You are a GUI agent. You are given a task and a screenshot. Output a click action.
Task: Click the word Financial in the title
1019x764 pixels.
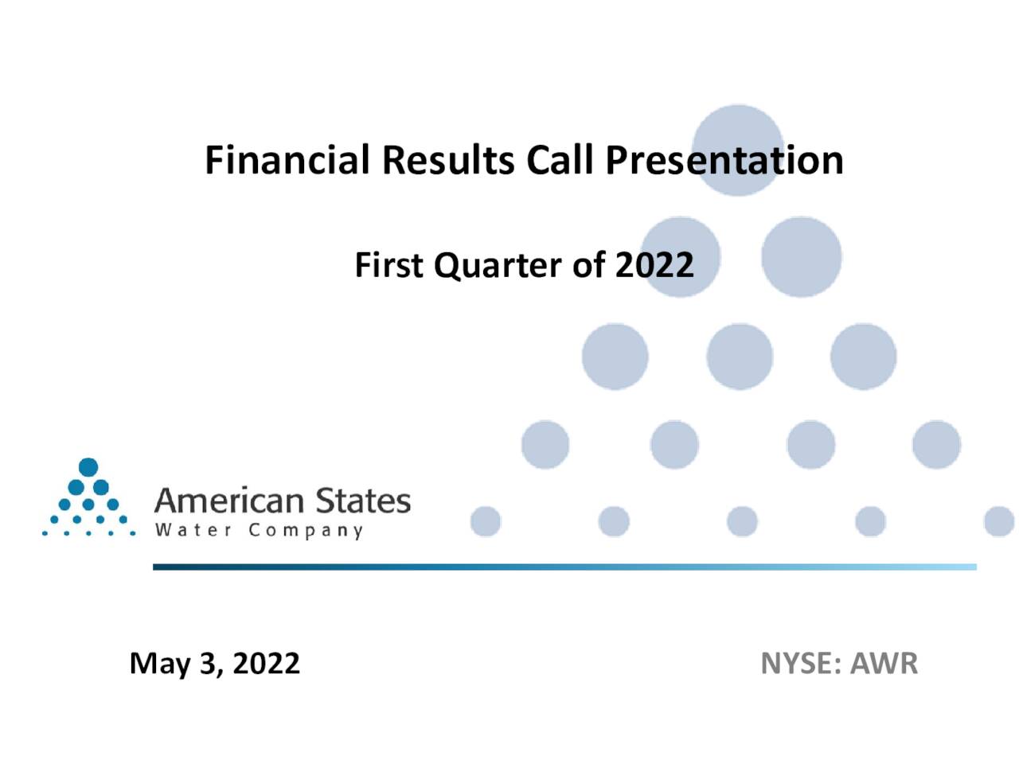[x=287, y=160]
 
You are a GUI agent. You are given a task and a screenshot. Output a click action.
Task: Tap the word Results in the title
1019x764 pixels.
[x=448, y=160]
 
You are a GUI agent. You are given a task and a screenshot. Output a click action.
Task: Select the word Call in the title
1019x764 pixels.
[x=560, y=160]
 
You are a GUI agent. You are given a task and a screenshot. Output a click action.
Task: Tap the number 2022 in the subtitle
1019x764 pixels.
[x=654, y=265]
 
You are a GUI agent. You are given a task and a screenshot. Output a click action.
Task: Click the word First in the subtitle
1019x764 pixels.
[x=388, y=265]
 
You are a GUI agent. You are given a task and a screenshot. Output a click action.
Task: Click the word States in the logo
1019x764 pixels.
[x=363, y=501]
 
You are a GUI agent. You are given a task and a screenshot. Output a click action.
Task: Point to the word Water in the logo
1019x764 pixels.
[x=193, y=530]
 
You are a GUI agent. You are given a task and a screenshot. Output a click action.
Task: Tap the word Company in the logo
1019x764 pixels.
[x=305, y=531]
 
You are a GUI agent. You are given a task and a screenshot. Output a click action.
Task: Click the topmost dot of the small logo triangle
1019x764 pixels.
[x=88, y=466]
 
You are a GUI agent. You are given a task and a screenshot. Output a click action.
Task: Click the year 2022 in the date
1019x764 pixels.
[x=266, y=664]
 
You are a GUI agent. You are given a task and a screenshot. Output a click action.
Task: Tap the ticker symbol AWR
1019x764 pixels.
[x=884, y=664]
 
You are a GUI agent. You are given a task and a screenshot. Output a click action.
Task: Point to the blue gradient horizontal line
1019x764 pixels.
[x=564, y=567]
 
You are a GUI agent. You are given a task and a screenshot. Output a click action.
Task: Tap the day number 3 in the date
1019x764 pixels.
[x=210, y=665]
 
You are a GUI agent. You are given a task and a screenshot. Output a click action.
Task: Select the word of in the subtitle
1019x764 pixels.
[x=588, y=265]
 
